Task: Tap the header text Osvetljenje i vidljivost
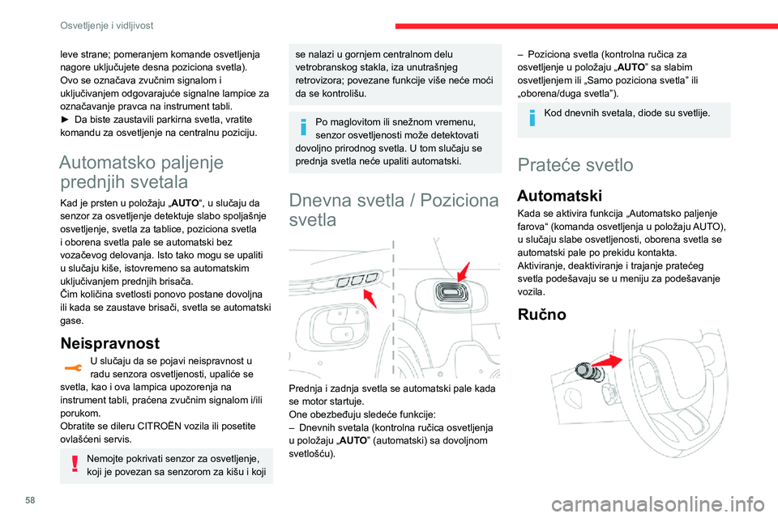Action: click(x=107, y=25)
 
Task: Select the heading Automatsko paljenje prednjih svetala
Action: click(x=142, y=172)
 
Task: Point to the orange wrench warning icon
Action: click(x=74, y=367)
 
